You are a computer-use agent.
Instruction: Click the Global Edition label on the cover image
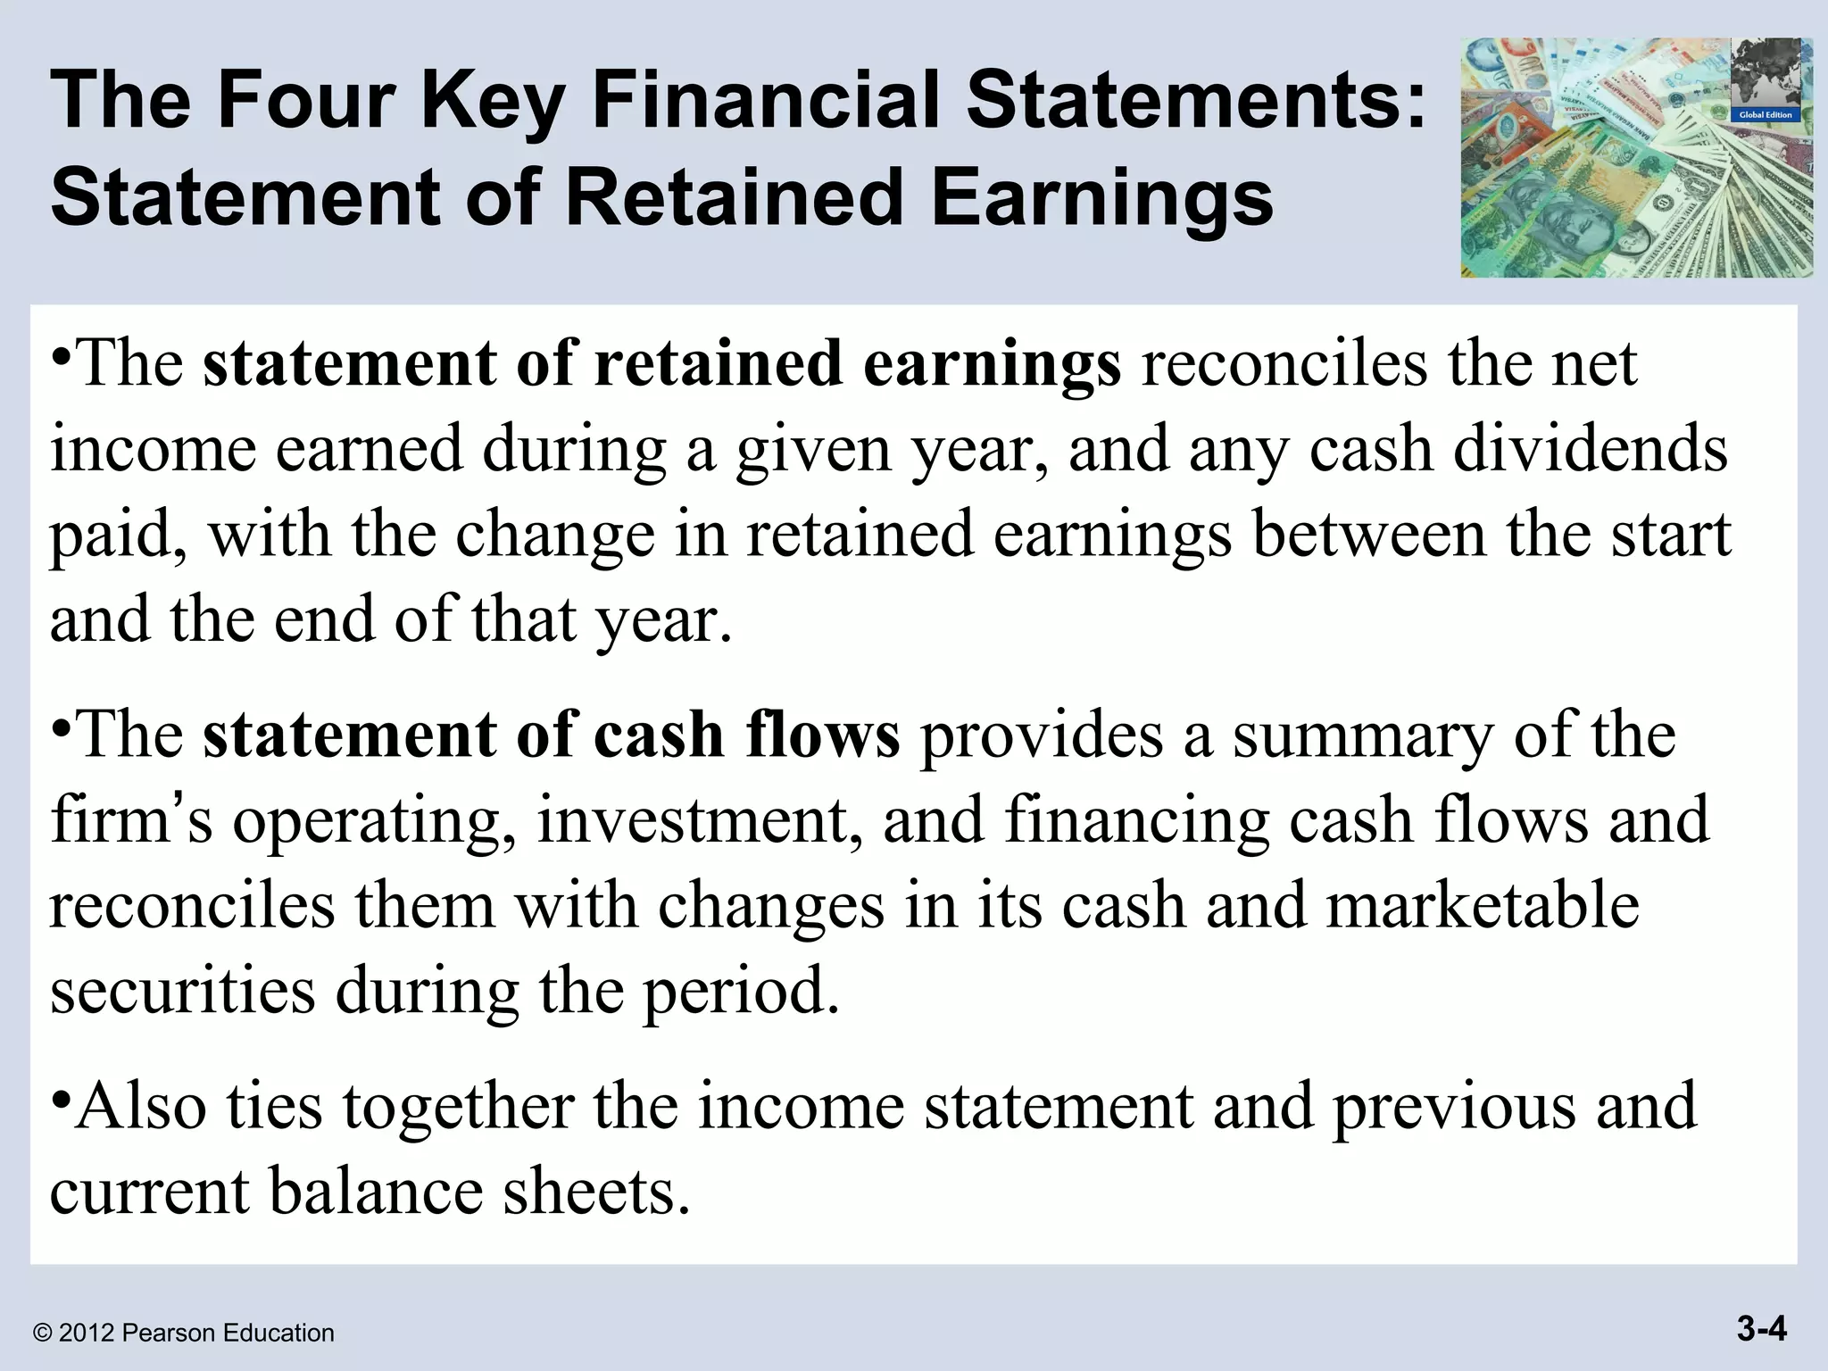tap(1766, 115)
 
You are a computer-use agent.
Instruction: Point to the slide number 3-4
tap(1762, 1331)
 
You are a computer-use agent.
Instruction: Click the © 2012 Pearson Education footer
tap(183, 1334)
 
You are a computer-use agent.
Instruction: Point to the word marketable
tap(1482, 905)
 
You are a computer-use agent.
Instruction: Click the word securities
tap(182, 991)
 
